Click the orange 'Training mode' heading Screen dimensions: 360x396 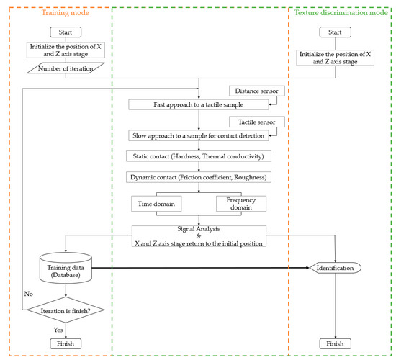pos(65,12)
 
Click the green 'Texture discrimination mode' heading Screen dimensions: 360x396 pos(337,12)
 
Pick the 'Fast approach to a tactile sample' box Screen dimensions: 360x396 pos(199,105)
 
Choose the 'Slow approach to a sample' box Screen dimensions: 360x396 pos(199,135)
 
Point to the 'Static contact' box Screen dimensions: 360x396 pos(199,156)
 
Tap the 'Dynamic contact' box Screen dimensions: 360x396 pos(199,177)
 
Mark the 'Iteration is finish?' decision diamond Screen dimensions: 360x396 pos(66,312)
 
